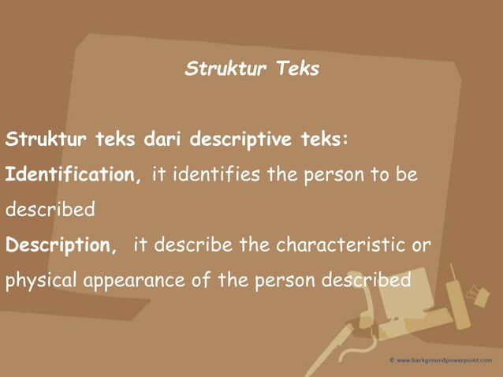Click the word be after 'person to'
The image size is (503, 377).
407,174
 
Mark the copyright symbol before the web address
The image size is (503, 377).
392,360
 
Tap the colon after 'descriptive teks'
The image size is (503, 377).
345,140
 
